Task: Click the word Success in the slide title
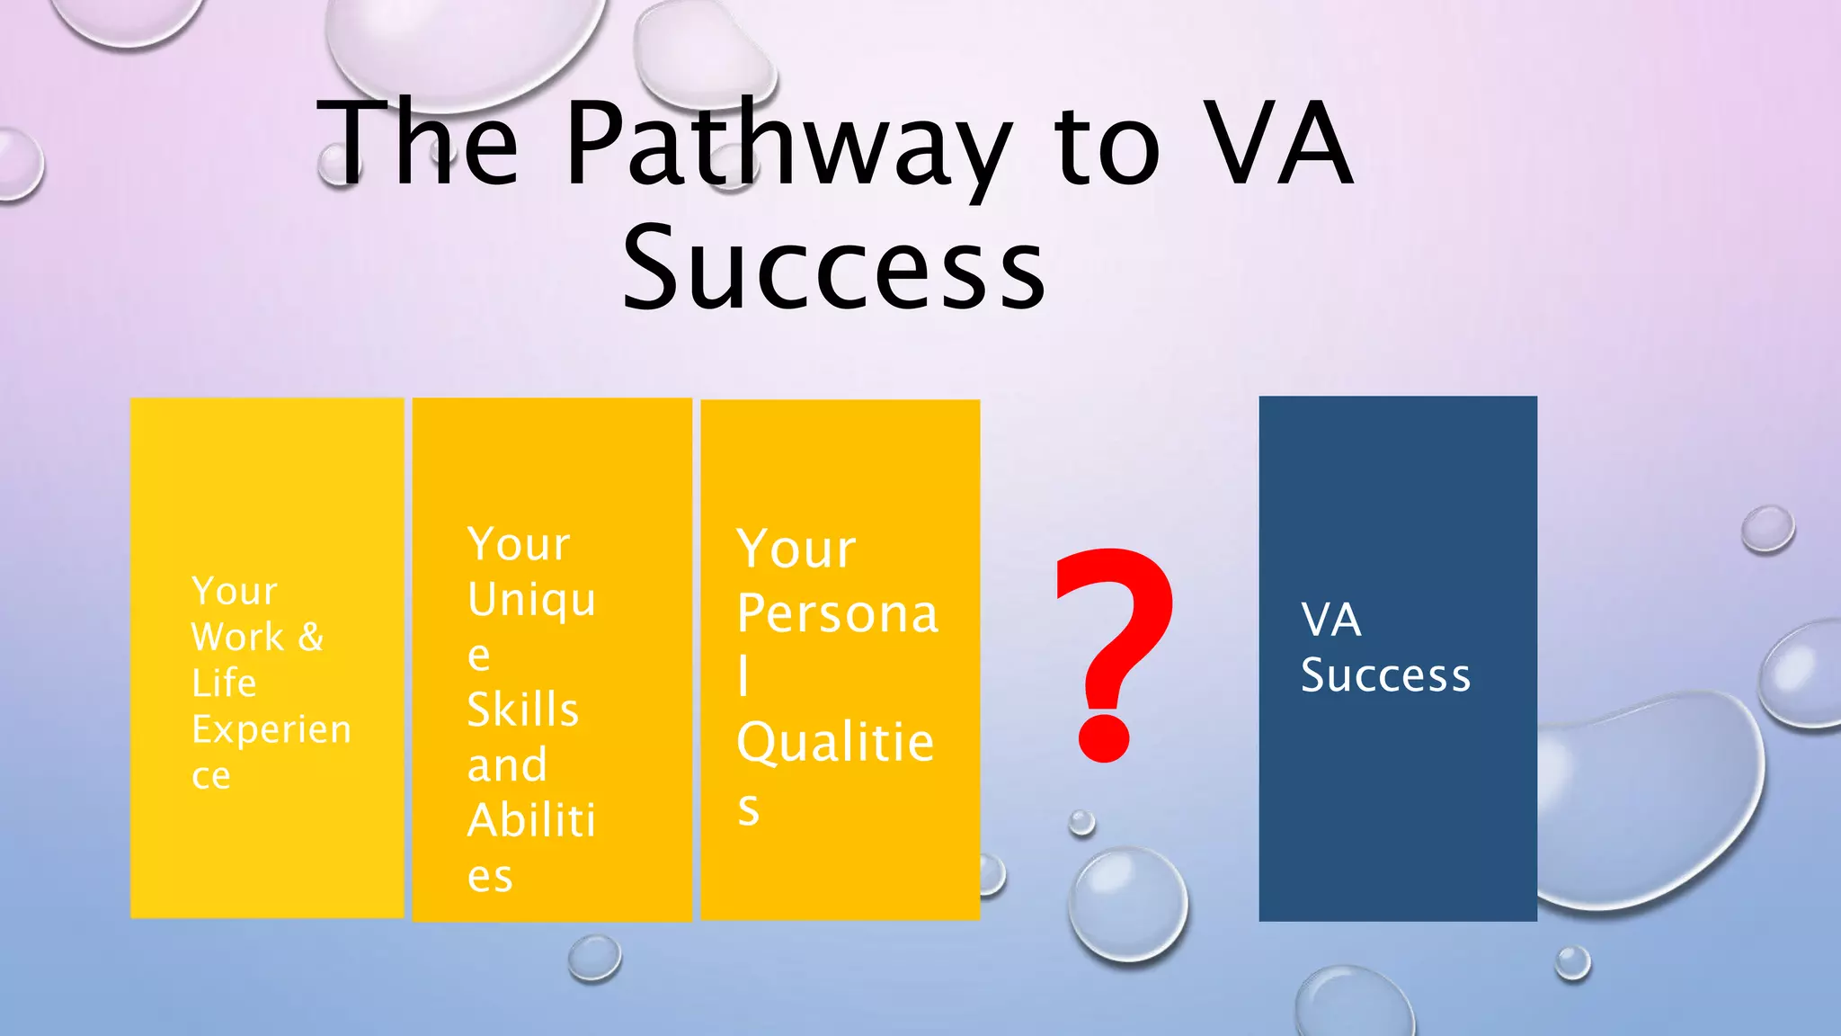coord(834,268)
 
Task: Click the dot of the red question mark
coord(1103,738)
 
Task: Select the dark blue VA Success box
coord(1398,809)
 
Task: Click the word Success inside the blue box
coord(1385,675)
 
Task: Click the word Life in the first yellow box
coord(224,683)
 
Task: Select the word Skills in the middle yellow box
coord(523,710)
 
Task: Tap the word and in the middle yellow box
coord(507,765)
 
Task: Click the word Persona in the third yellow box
coord(837,613)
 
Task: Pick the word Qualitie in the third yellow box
coord(835,743)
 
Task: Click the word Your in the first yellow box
coord(235,591)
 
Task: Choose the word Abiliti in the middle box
coord(531,820)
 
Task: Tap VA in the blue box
coord(1331,620)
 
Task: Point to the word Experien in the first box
coord(271,729)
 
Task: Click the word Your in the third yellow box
coord(796,549)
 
